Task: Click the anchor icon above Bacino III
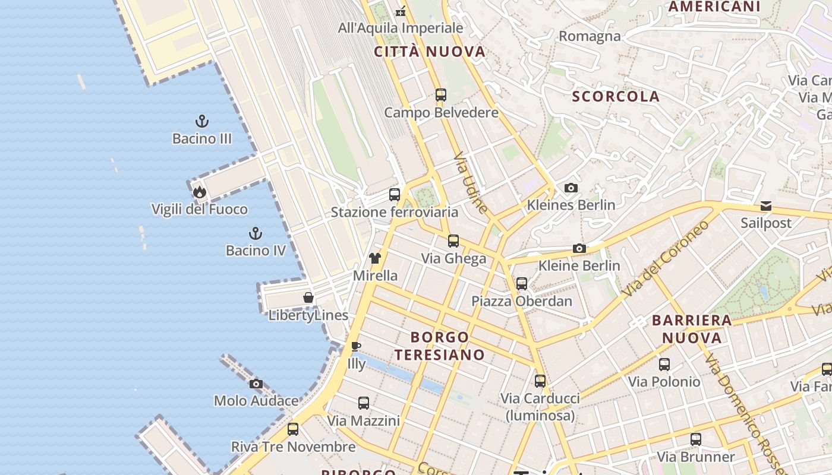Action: point(202,122)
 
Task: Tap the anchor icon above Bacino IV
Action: point(256,233)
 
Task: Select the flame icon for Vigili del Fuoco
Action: point(199,192)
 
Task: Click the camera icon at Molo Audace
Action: point(256,384)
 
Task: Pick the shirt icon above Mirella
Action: point(375,258)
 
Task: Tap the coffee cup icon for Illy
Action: point(356,346)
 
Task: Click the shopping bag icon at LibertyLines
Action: point(308,297)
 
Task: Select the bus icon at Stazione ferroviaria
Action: point(395,195)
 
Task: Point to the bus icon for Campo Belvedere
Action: point(441,95)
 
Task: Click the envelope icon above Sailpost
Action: point(766,206)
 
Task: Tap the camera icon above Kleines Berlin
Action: point(571,188)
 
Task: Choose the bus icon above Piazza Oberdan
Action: point(522,284)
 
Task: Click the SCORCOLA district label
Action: point(616,97)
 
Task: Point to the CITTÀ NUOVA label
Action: point(430,52)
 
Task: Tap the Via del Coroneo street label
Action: point(666,258)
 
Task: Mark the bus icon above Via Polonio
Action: point(664,365)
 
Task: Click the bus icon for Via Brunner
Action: point(696,440)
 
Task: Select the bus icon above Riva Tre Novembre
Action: point(293,429)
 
